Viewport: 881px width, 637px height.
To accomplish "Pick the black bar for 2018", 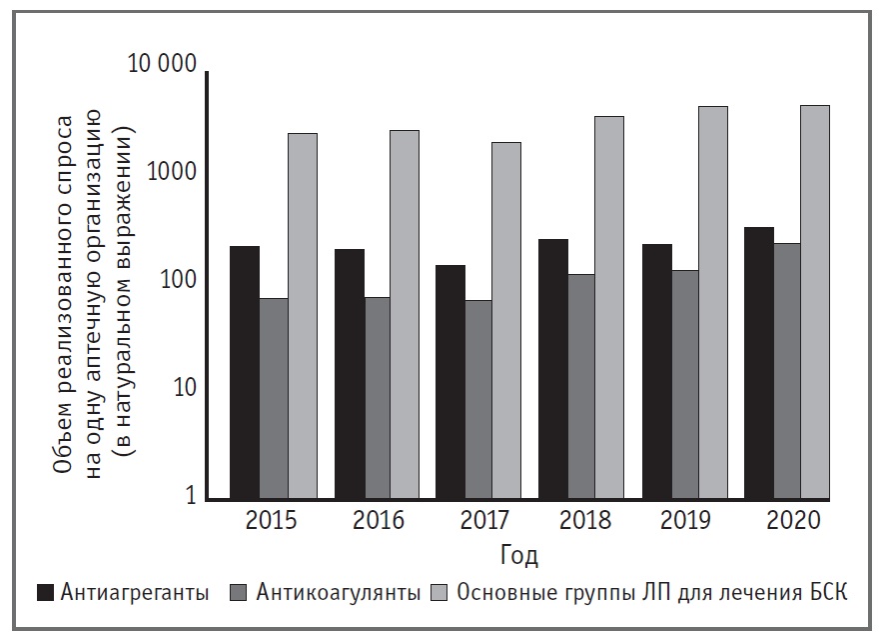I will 553,369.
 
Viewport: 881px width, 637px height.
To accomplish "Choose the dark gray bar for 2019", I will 685,384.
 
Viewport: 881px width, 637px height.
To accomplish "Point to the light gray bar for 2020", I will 814,301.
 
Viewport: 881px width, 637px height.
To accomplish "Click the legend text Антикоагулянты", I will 338,592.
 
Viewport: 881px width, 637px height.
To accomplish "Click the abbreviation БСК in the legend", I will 827,592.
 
